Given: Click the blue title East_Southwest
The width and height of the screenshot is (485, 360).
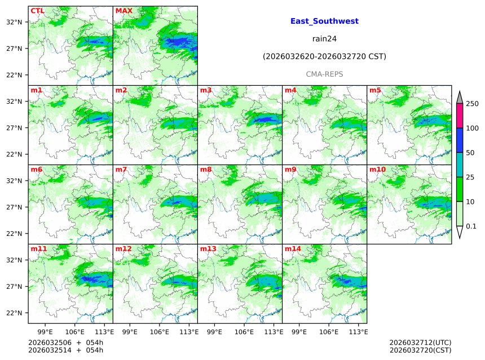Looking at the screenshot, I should click(x=324, y=21).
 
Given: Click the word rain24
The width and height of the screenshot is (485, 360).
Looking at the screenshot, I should click(x=324, y=39).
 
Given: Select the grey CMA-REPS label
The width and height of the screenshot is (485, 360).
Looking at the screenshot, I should click(x=324, y=74).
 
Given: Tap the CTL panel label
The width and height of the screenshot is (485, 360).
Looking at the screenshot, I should click(x=37, y=11).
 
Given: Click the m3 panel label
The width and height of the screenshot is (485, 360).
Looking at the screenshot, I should click(x=206, y=90).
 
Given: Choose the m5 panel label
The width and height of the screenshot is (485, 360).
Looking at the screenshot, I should click(x=375, y=90).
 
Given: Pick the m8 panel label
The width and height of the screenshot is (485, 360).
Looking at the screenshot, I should click(x=206, y=169).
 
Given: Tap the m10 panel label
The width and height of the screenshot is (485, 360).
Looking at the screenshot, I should click(x=377, y=169).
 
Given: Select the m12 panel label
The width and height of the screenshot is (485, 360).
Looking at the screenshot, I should click(x=123, y=249).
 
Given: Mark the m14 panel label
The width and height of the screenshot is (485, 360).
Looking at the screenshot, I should click(x=293, y=249).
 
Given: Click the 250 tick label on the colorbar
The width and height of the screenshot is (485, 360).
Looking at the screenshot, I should click(x=472, y=104).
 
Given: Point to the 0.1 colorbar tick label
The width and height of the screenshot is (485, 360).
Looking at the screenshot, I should click(x=471, y=226).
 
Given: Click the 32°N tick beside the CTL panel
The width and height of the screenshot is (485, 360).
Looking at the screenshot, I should click(x=14, y=22).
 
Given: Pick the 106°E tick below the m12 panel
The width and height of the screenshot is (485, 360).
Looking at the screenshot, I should click(x=160, y=332).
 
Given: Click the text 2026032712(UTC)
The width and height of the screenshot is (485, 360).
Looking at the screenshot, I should click(x=420, y=343).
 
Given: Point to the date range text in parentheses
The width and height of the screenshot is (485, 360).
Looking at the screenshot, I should click(x=324, y=56).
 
